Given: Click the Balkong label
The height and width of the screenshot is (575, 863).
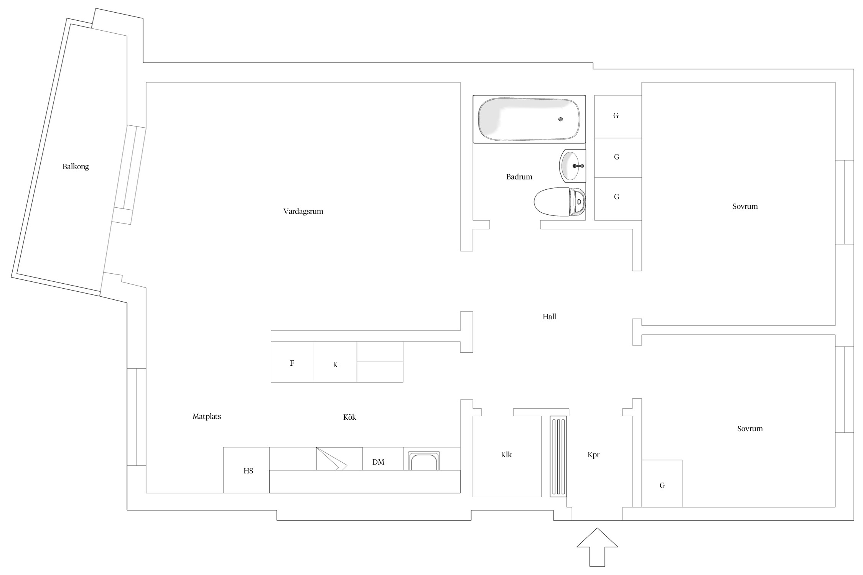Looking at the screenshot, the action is (76, 167).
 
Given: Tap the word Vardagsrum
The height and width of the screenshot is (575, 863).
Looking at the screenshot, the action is (303, 212).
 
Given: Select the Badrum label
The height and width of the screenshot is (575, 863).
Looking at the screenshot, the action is (519, 177).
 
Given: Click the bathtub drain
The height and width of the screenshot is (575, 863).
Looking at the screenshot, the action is (561, 120).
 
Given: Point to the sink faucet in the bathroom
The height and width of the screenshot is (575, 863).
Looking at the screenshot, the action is (578, 166).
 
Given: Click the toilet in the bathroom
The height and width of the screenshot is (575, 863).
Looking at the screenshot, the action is (560, 202).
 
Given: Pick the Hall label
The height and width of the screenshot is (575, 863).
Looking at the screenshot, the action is (549, 317).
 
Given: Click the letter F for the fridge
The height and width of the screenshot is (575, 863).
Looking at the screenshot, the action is (292, 363).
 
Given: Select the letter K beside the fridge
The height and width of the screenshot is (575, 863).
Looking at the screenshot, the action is (335, 365).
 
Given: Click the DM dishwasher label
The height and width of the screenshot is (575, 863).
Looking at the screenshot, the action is (378, 462).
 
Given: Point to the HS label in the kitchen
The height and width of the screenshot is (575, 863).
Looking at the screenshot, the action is (248, 471).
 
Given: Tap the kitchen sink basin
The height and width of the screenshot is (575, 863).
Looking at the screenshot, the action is (424, 461).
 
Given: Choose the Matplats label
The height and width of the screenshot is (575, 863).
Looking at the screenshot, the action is (207, 416).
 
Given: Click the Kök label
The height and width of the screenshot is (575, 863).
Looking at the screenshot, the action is (349, 417).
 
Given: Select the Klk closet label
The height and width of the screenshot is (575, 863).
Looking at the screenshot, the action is (506, 455).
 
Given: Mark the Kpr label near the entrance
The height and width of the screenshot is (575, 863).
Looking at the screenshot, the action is (593, 455).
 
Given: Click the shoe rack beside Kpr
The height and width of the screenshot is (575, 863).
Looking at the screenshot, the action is (558, 456).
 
